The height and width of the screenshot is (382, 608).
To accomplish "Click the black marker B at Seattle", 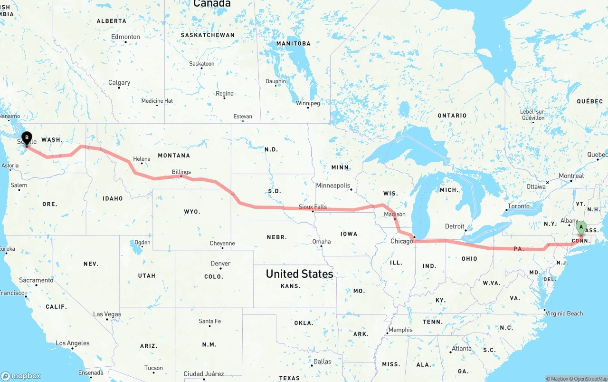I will (x=27, y=138).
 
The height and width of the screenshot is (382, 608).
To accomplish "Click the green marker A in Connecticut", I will (x=581, y=227).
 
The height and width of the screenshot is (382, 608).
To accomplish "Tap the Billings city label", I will (x=181, y=172).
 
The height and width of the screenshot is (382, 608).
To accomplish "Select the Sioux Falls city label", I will (x=313, y=207).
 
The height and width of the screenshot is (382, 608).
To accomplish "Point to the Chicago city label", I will (x=402, y=241).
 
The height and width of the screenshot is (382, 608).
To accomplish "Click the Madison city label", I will (x=395, y=214).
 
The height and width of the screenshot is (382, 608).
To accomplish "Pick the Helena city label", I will (x=142, y=159).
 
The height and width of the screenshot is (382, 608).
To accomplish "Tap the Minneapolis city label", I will (x=333, y=186).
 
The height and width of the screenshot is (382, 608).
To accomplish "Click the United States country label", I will (x=299, y=274).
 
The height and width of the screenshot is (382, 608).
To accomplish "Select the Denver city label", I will (x=220, y=264).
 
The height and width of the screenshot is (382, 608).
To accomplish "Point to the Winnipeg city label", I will (x=308, y=103).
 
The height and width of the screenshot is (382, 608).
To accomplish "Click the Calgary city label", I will (x=119, y=83).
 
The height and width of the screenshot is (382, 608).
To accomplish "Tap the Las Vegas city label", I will (x=107, y=314).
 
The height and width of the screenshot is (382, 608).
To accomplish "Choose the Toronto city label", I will (x=518, y=206).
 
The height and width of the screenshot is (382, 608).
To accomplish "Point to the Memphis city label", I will (x=400, y=330).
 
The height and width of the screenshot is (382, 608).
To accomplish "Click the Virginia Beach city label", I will (x=564, y=313).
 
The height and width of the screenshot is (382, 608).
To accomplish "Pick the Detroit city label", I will (x=455, y=226).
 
